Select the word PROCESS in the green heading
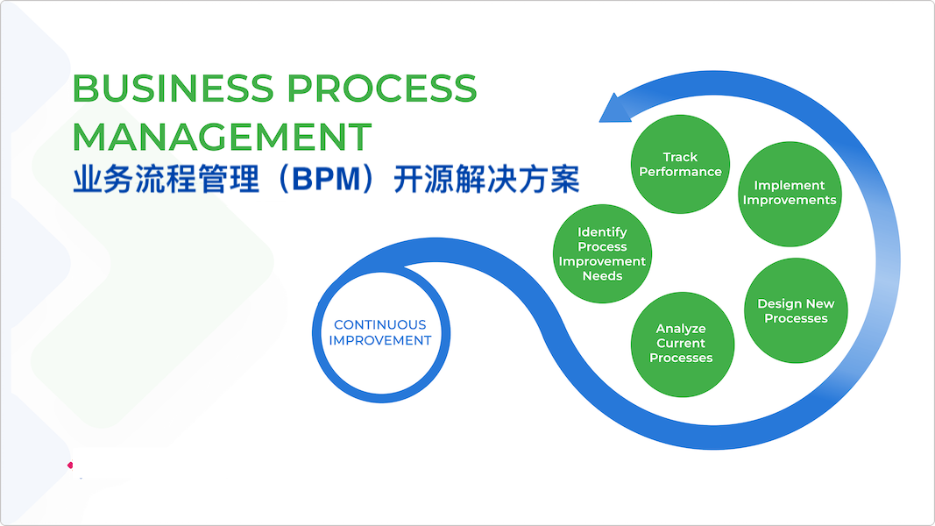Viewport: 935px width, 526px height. click(x=381, y=89)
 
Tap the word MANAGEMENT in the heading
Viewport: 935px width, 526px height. click(x=222, y=137)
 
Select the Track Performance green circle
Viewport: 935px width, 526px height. click(x=680, y=164)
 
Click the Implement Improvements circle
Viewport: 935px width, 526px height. click(x=790, y=193)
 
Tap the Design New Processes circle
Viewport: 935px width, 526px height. click(x=796, y=310)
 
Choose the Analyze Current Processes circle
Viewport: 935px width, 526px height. click(x=681, y=344)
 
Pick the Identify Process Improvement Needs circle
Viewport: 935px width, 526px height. click(x=602, y=254)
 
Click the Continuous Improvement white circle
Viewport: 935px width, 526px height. click(x=380, y=332)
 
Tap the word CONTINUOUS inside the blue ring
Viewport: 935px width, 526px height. click(x=380, y=324)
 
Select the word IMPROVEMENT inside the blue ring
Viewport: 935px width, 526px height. click(x=380, y=340)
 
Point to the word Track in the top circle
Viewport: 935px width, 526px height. click(x=680, y=157)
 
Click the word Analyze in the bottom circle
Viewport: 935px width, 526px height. click(x=681, y=329)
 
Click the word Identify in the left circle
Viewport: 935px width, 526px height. click(x=602, y=232)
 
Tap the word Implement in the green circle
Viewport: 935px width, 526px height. click(x=790, y=185)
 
